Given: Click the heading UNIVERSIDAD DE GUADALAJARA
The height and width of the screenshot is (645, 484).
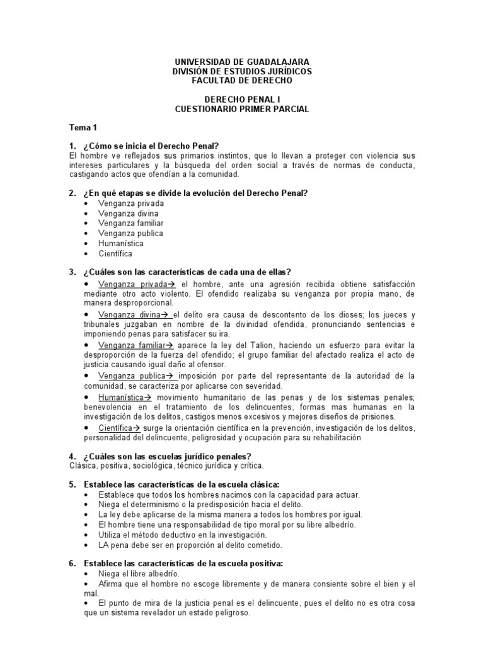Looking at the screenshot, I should point(242,62).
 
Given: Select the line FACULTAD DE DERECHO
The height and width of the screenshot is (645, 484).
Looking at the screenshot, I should point(242,81).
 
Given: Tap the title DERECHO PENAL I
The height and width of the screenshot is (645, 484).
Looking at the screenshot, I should point(242,100).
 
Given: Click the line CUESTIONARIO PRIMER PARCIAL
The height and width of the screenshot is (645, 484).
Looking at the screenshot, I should point(242,109).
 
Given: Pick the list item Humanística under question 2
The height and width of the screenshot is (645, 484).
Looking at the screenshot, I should point(121,243).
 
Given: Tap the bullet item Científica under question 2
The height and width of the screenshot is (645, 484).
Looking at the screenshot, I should point(115,253).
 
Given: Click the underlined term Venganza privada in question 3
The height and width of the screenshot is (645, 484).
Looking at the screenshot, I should point(133,285).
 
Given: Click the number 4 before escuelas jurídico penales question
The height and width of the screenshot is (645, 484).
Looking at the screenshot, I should point(72,456).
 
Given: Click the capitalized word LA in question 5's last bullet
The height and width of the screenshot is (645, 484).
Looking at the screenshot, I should point(104,544).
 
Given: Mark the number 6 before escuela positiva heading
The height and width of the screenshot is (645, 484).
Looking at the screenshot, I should point(72,563).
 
